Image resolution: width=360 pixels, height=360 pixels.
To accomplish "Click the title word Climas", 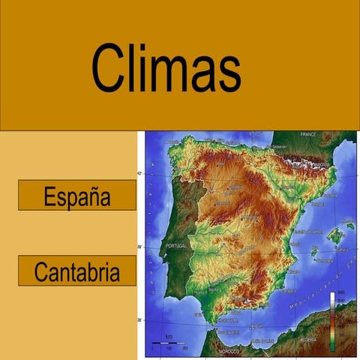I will (x=166, y=68).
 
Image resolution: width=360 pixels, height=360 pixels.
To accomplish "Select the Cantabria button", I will (x=76, y=271).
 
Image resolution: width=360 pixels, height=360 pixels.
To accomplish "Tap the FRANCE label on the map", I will (x=309, y=134).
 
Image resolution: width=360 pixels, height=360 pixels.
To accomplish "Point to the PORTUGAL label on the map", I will (x=175, y=245).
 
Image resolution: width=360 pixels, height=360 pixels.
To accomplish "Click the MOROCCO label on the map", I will (x=228, y=351).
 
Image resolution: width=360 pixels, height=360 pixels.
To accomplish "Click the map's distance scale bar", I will (x=168, y=343).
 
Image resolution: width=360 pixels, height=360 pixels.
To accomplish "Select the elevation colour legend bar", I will (x=331, y=321).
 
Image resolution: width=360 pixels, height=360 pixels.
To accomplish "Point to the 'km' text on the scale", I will (x=169, y=336).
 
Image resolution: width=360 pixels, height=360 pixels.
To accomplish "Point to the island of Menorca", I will (x=349, y=224).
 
